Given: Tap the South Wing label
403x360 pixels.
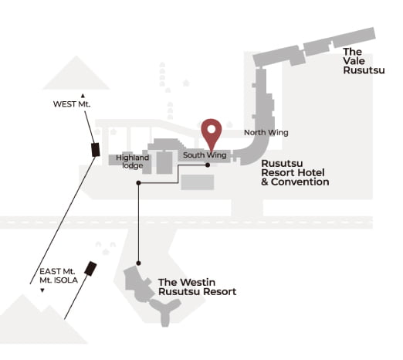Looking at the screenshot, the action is coord(205,155).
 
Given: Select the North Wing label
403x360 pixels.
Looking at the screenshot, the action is coord(266,133).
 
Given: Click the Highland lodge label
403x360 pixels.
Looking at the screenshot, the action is coord(132,161).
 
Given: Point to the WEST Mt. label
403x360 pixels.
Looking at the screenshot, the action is coord(72,104).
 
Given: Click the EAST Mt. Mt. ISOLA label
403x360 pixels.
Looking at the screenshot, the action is coord(59,276).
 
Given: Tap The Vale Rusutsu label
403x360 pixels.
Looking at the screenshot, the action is coord(364,61).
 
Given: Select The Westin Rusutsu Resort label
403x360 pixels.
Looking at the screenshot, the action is coord(197,287).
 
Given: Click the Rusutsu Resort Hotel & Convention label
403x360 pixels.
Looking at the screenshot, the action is coord(295,173).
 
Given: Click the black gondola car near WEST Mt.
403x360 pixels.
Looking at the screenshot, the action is coord(96,150).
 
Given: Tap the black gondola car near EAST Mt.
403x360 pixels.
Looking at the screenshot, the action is coord(90,269).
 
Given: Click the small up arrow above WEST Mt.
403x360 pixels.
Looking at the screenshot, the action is coord(83,96).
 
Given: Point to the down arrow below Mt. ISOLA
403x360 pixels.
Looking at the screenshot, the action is coord(42,290).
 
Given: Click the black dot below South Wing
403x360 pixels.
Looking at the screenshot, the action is coord(208,165).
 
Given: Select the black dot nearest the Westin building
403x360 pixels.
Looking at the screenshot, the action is coord(138,263).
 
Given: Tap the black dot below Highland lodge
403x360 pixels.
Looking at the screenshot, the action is coord(138,183).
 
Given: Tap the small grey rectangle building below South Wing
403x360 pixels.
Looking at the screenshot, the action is coord(198,182).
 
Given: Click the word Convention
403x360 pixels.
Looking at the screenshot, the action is coord(300,182).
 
